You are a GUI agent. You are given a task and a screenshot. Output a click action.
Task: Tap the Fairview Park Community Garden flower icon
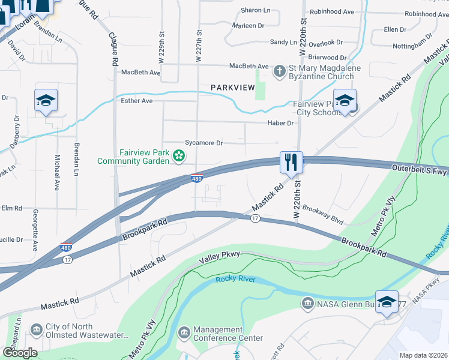[178, 157]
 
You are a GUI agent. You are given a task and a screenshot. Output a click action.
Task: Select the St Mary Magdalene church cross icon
[279, 72]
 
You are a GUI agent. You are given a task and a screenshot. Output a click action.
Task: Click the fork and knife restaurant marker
[291, 162]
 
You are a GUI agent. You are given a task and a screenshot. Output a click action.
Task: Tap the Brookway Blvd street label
[323, 214]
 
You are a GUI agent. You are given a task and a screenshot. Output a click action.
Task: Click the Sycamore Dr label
[204, 143]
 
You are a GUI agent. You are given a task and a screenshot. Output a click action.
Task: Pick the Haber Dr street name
[280, 123]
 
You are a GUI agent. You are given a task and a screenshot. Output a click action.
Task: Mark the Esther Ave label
[137, 101]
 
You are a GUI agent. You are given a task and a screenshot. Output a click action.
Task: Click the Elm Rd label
[11, 208]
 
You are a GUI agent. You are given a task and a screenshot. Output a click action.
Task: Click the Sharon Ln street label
[255, 10]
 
